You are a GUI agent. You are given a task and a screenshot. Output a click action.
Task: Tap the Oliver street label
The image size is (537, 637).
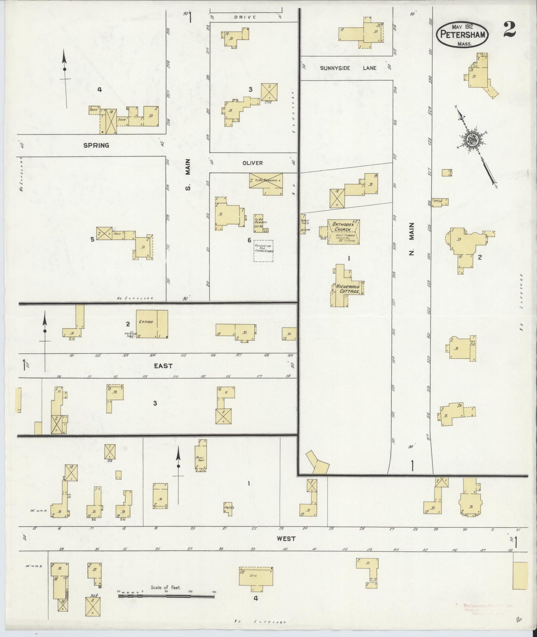click(253, 163)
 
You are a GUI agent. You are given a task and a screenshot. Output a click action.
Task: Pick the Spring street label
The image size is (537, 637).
click(96, 145)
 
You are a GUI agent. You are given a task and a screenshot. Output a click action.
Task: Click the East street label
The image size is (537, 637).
click(164, 366)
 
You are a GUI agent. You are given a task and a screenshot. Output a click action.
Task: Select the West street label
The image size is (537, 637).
click(286, 538)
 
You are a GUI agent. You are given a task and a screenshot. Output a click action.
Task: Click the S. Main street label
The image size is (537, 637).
click(188, 174)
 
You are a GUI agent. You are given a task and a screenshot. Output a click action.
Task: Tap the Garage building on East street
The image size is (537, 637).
click(152, 324)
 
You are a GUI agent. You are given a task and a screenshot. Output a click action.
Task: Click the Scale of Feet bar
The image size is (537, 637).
click(166, 596)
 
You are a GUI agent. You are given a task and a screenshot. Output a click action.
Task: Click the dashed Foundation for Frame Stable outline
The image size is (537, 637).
click(263, 251)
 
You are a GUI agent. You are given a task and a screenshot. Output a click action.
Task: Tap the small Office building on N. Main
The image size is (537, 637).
click(440, 201)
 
